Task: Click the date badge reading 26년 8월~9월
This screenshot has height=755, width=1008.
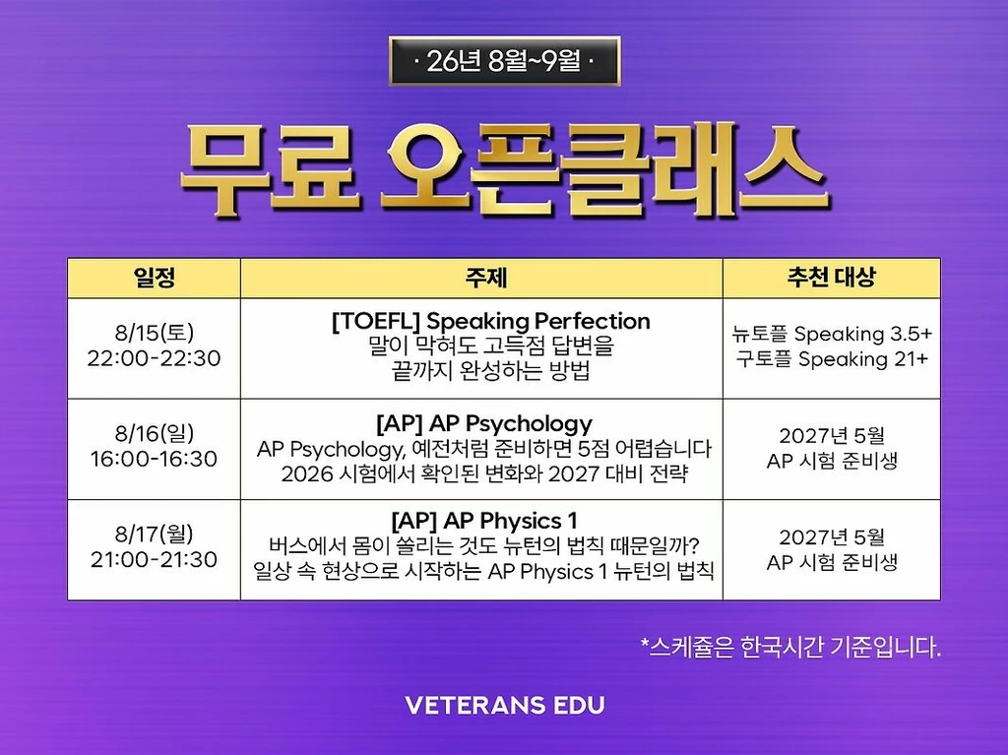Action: click(505, 61)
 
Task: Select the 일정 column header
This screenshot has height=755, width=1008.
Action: click(155, 278)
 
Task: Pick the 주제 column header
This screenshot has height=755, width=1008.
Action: click(486, 278)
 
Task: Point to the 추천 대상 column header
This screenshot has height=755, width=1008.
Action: click(832, 278)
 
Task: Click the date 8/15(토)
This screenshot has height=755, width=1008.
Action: click(155, 333)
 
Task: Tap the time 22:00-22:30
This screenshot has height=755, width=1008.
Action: click(155, 358)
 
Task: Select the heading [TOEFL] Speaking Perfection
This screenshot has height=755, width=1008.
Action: click(491, 321)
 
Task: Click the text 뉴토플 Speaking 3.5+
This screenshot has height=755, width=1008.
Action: click(832, 334)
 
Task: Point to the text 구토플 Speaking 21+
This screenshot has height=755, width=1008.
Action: click(832, 359)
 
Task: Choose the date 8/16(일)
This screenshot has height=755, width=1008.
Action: click(155, 433)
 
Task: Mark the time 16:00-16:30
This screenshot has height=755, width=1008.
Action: click(155, 459)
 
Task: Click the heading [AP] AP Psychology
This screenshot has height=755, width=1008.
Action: click(484, 423)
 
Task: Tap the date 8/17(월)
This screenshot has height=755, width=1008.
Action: click(155, 534)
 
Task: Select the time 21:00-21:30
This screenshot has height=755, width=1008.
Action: click(155, 559)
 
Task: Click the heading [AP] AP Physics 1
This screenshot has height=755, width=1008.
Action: click(484, 521)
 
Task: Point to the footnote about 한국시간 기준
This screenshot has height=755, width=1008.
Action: click(790, 647)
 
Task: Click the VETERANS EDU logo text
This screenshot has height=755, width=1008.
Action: click(505, 706)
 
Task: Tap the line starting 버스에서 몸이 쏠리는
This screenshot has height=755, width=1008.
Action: click(484, 546)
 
